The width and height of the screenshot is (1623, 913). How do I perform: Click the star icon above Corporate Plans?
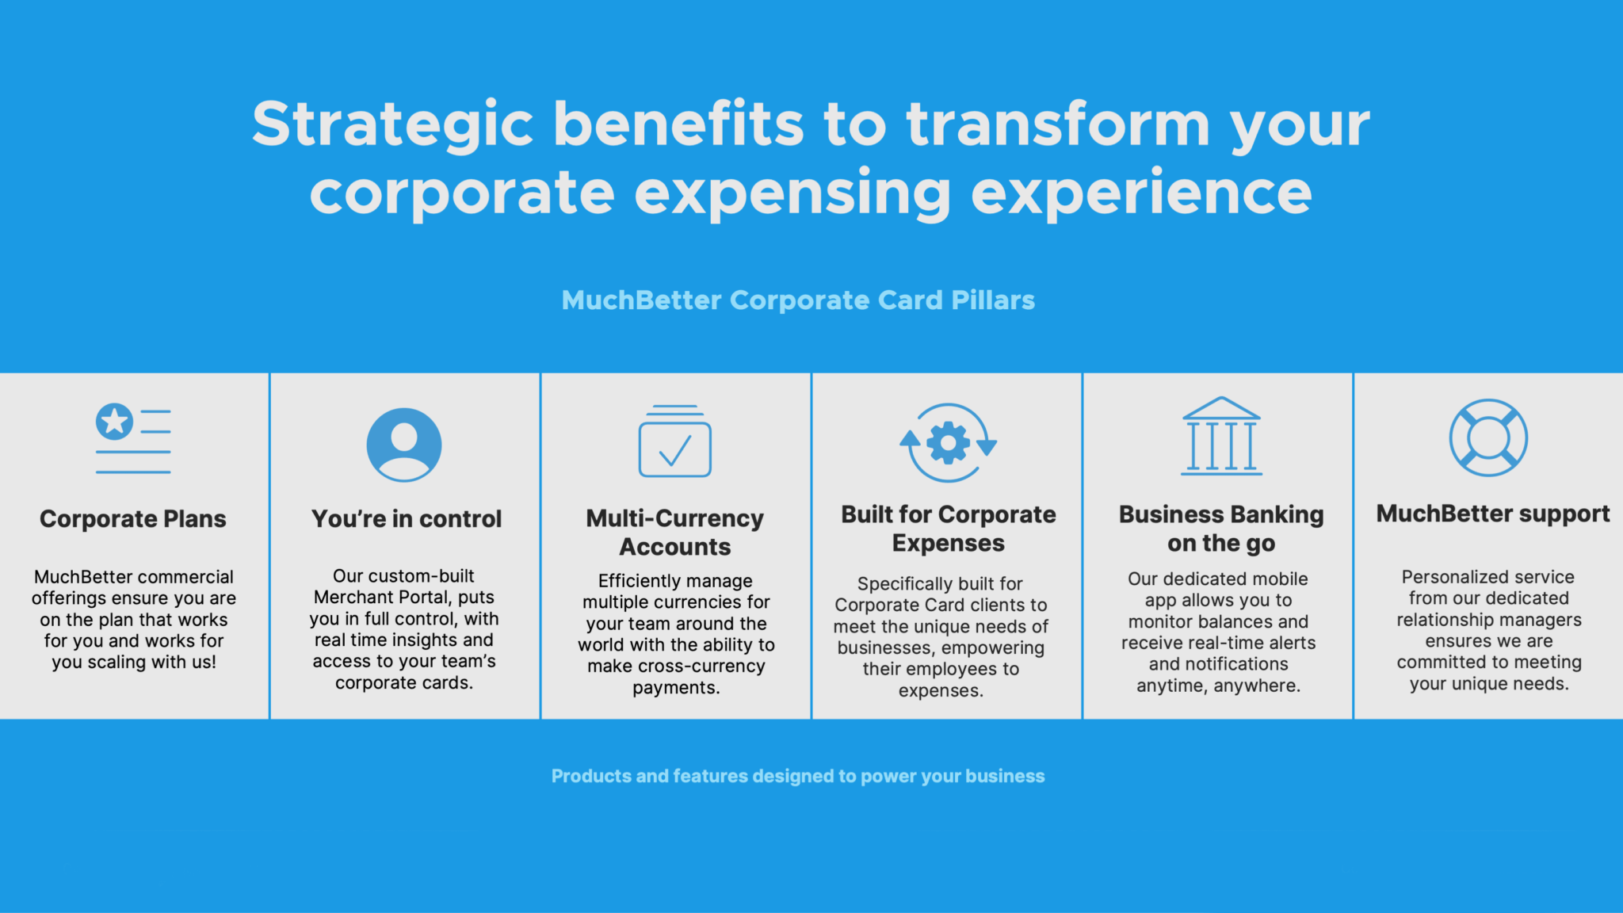[115, 421]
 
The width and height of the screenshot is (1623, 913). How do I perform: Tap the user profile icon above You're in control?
[404, 445]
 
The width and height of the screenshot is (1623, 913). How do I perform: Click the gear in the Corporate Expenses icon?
[949, 443]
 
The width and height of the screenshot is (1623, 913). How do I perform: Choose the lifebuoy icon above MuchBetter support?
[1488, 437]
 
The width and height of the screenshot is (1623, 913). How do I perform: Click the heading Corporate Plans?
[133, 519]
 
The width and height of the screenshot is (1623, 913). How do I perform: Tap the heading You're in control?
[407, 519]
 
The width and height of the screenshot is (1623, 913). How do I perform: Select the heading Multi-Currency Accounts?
[675, 533]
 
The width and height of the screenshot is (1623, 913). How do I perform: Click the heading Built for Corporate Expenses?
[949, 529]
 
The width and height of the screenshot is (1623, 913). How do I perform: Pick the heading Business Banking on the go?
[1221, 529]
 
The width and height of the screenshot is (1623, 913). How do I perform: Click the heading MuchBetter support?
[1493, 514]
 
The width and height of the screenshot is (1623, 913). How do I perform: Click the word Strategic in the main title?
[393, 125]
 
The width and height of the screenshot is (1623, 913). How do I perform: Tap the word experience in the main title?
[1141, 195]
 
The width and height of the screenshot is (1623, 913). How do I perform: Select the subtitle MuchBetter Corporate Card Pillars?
[798, 300]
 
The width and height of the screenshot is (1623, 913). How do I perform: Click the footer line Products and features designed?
[798, 776]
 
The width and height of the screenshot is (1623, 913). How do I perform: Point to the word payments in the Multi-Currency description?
[674, 689]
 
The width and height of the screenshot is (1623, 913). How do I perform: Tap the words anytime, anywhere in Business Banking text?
[1219, 686]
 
